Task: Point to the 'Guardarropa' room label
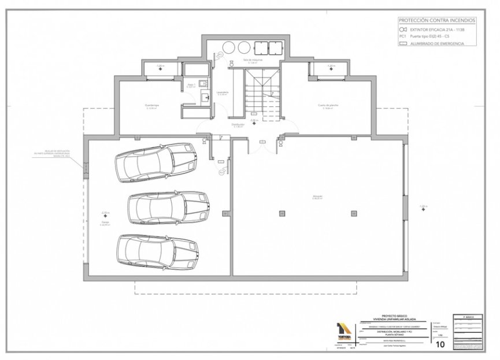tap(152, 106)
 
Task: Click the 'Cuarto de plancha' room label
tap(328, 106)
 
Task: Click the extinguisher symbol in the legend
tap(402, 28)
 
